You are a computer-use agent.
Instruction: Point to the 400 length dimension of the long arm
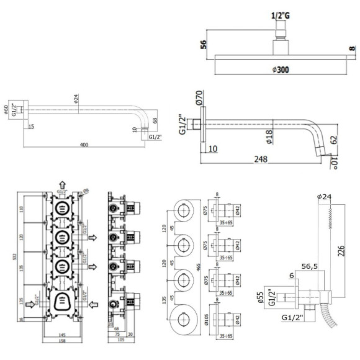click(x=84, y=145)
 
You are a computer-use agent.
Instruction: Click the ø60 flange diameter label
click(x=6, y=110)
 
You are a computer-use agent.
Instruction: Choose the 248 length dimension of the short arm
click(x=261, y=160)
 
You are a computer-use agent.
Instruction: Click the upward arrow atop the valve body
click(x=63, y=184)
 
